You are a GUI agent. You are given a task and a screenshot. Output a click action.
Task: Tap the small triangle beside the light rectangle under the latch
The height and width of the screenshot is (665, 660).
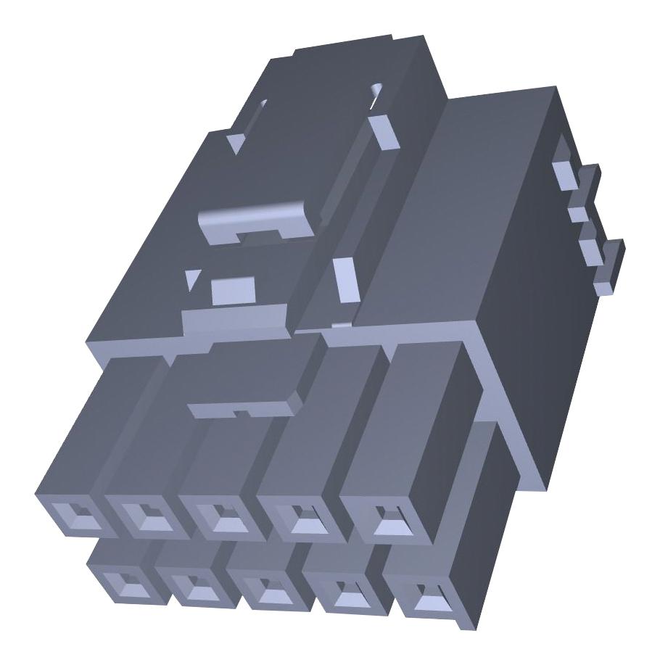pyautogui.click(x=192, y=279)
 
